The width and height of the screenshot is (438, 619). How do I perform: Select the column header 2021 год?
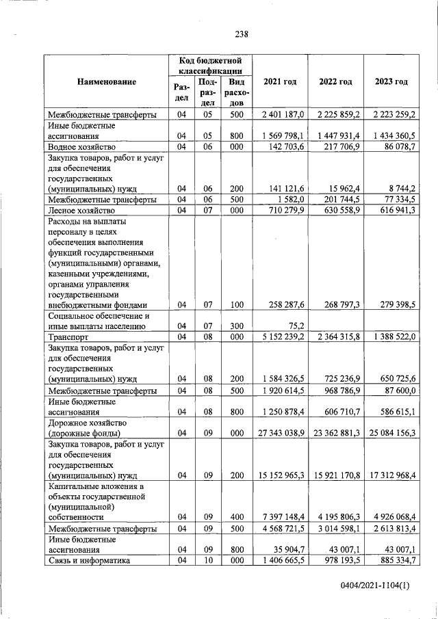279,82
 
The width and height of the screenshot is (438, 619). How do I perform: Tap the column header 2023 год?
391,82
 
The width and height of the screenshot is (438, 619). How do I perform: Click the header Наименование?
107,82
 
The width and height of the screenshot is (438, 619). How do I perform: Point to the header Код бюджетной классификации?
211,66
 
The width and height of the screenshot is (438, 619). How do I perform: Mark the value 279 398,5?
391,305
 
